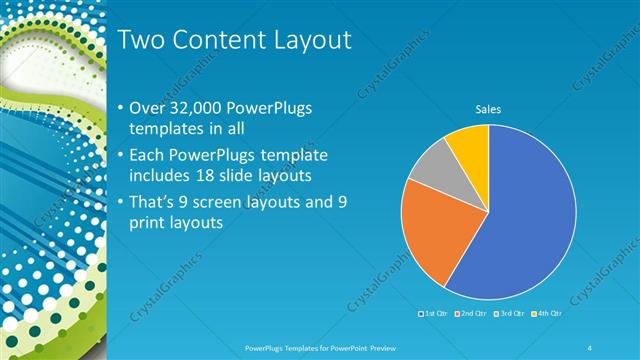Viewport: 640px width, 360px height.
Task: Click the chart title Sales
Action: tap(487, 109)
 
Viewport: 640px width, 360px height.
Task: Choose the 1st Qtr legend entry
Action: tap(432, 315)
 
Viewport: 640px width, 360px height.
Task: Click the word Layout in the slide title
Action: tap(315, 40)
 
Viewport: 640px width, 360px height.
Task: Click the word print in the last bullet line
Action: tap(150, 223)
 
